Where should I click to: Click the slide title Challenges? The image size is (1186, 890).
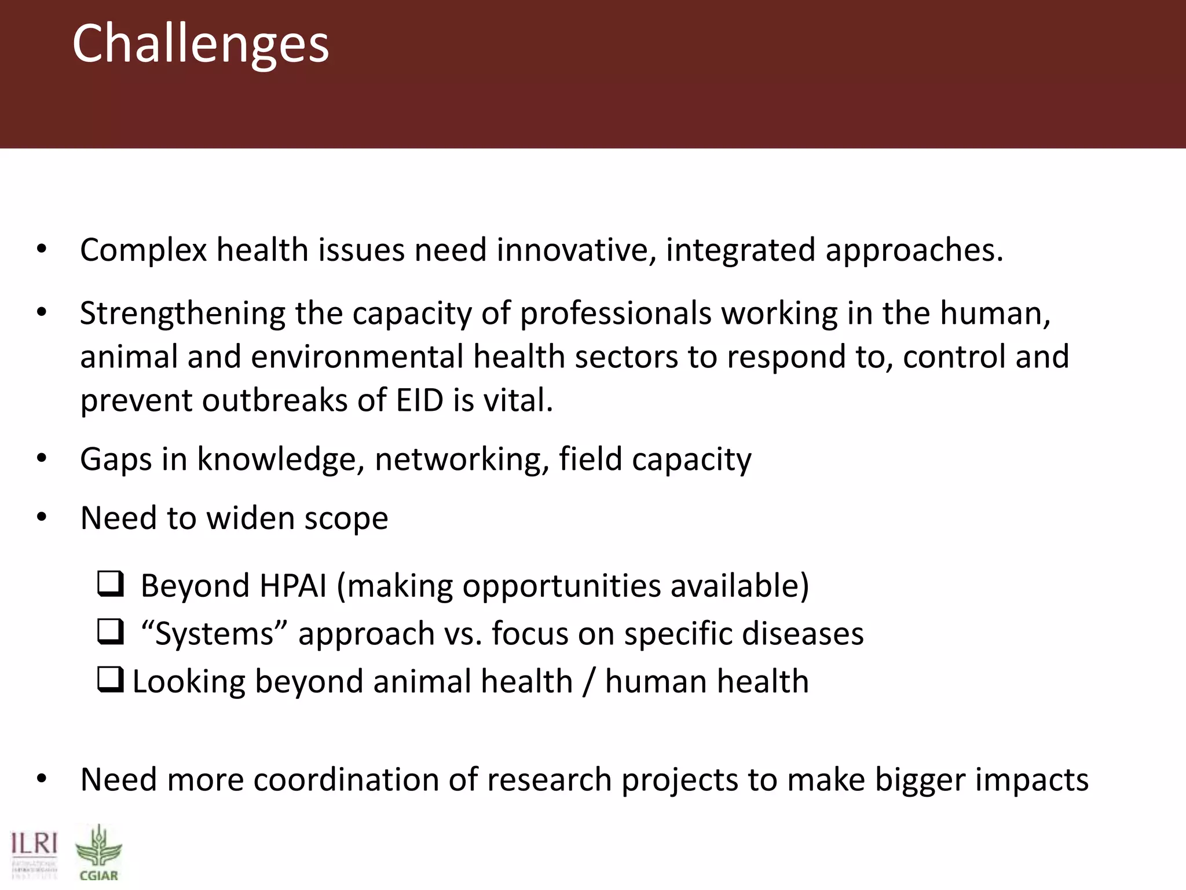coord(200,44)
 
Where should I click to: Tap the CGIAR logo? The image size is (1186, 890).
coord(98,854)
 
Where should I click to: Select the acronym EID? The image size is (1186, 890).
coord(420,400)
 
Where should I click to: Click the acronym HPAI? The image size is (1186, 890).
coord(293,586)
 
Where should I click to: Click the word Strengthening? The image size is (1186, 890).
coord(182,314)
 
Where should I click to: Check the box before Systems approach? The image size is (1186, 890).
coord(110,632)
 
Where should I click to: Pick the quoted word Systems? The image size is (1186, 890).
coord(214,634)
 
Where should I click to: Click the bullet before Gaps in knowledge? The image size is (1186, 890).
coord(41,458)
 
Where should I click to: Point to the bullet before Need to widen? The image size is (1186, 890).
coord(41,517)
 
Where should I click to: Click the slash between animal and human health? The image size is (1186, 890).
coord(588,682)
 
